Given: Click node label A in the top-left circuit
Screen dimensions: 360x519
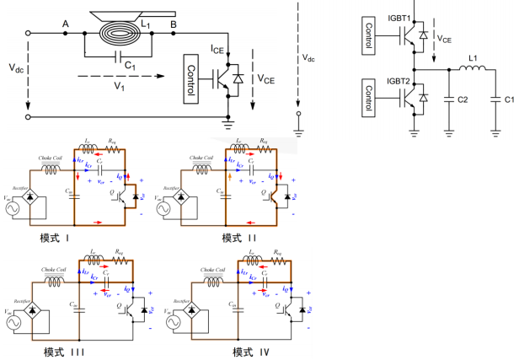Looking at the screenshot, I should (x=66, y=24).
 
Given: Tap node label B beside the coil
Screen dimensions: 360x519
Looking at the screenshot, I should (x=173, y=24).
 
